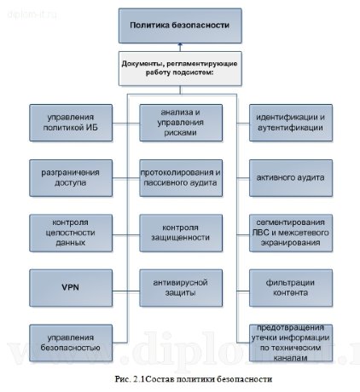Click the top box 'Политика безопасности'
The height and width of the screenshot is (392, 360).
179,26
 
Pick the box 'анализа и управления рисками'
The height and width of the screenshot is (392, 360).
180,122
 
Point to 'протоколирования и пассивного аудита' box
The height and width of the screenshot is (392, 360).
180,177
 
